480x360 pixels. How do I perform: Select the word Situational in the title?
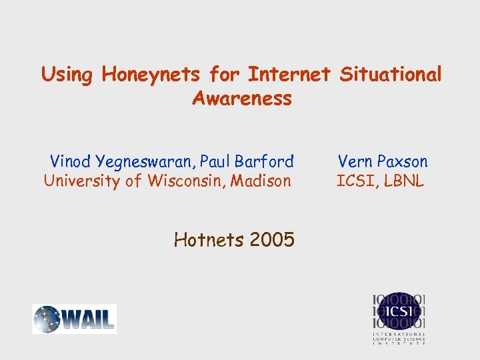(x=391, y=75)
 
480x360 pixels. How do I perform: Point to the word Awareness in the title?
(x=241, y=99)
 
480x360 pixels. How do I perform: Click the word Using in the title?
(x=67, y=75)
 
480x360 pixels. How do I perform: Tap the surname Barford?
(x=265, y=161)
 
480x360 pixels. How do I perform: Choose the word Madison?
(x=261, y=181)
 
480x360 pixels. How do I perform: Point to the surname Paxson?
(x=403, y=161)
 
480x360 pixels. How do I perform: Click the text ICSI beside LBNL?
(x=357, y=181)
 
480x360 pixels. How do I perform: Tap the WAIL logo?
(x=75, y=319)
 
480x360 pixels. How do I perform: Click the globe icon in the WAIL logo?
(x=47, y=319)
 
